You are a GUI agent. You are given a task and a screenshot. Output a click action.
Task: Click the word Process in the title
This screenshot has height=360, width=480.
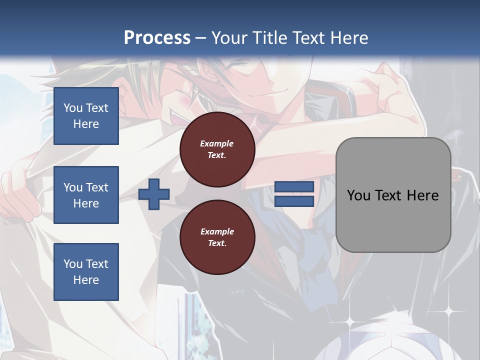tap(157, 37)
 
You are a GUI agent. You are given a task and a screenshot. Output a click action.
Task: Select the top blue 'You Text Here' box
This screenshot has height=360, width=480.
tap(86, 116)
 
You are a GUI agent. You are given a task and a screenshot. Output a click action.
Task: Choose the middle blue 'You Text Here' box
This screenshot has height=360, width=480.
tap(86, 195)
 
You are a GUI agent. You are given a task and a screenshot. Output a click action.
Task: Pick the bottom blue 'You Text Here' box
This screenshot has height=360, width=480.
tap(86, 271)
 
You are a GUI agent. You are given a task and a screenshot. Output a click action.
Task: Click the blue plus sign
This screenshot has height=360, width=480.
tap(153, 194)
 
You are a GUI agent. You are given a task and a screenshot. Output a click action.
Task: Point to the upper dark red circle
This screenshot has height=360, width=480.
tap(217, 149)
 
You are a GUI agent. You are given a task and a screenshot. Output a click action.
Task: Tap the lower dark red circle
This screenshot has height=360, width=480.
tap(217, 237)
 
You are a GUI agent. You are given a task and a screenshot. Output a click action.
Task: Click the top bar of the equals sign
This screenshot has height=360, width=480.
tap(294, 187)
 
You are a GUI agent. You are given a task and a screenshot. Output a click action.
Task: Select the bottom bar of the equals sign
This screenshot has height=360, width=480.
tap(294, 201)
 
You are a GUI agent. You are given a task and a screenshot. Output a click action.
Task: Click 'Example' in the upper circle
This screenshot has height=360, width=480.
tap(217, 143)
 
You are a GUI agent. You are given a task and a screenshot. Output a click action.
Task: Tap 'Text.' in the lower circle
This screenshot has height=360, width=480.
tap(217, 243)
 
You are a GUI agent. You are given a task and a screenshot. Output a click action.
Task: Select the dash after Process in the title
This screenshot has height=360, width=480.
tap(200, 38)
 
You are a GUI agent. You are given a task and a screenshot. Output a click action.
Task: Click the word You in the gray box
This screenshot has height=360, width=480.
tap(358, 195)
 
